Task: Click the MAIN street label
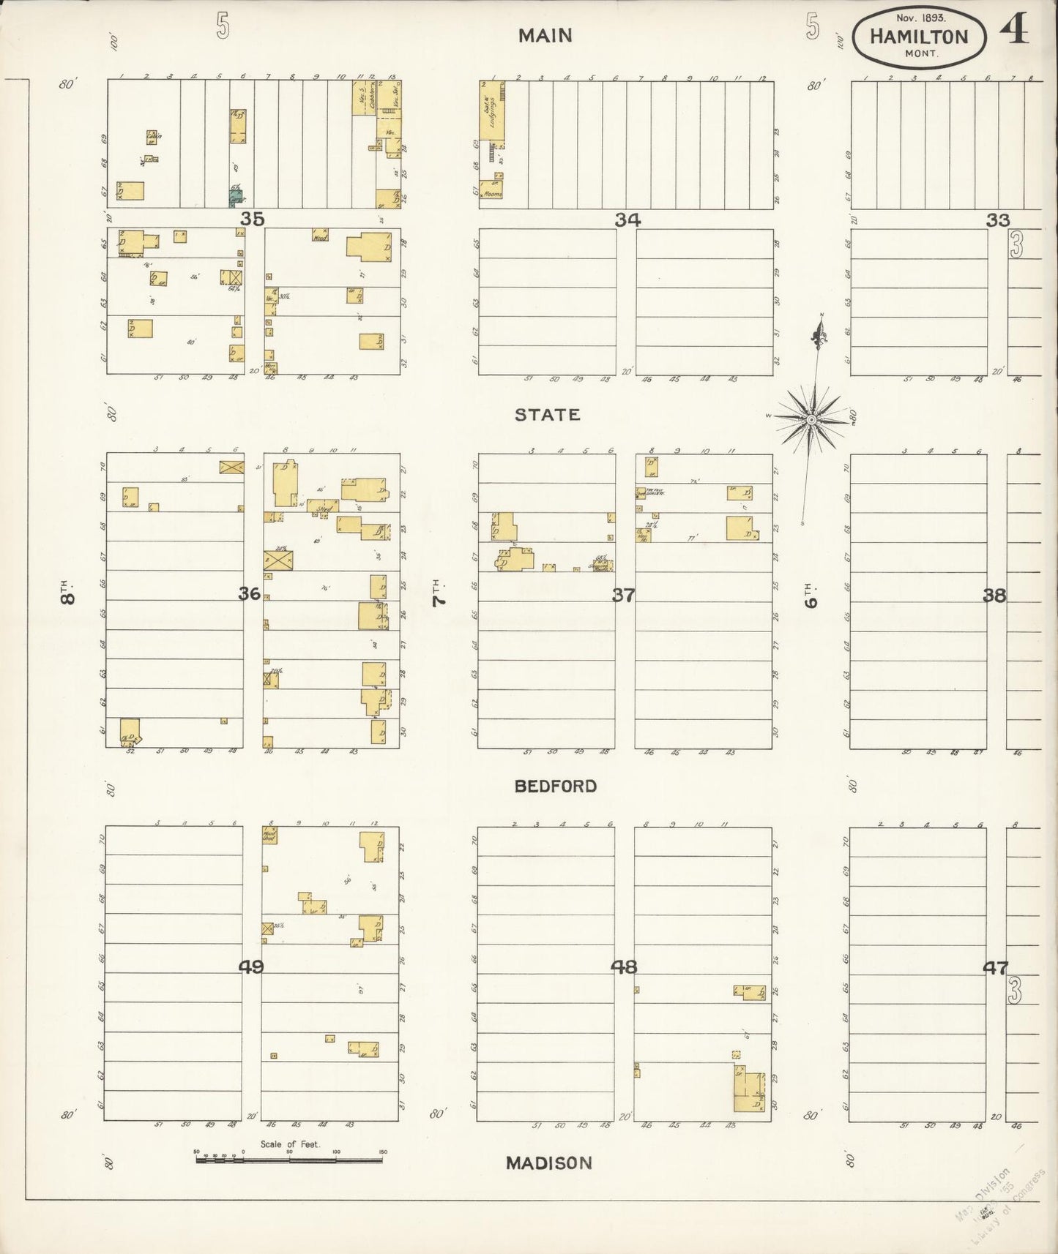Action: tap(545, 36)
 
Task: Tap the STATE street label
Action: tap(547, 415)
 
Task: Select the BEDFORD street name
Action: tap(555, 786)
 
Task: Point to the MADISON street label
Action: tap(548, 1163)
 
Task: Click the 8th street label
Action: tap(67, 592)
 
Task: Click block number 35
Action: tap(253, 218)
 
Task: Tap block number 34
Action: tap(627, 219)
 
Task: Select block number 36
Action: tap(249, 593)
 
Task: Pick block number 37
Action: tap(623, 595)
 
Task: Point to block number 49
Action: tap(251, 966)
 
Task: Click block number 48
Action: tap(624, 966)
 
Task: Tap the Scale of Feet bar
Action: tap(289, 1159)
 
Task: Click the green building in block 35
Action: tap(236, 197)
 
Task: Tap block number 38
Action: tap(994, 595)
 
